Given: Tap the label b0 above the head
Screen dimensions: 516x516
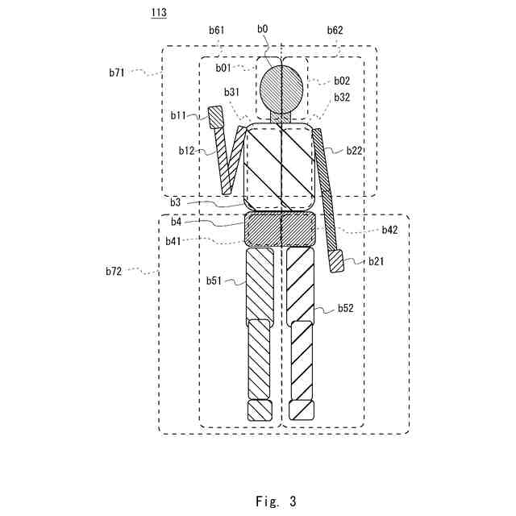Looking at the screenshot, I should pos(263,29).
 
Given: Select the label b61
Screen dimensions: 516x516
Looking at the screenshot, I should pos(216,30).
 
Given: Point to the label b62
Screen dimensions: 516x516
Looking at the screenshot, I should pos(335,30).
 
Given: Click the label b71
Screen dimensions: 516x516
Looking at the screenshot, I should pos(118,73).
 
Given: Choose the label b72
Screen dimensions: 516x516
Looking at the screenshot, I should pos(113,272).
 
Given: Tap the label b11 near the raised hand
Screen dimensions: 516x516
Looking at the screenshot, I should pos(178,115).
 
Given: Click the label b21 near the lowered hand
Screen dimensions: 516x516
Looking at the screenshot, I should pos(377,261).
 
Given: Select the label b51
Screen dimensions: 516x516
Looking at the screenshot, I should pos(214,281).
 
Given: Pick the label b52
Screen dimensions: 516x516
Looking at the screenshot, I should pos(345,308).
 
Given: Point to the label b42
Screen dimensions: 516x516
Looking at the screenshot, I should pos(389,230).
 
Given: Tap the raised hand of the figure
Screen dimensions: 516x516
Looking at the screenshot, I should pos(216,118).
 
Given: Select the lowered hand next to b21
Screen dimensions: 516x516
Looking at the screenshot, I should pos(336,261).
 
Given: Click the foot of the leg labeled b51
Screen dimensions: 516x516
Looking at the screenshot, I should pos(260,410).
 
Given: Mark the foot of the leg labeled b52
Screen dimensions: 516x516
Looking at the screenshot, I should pos(301,410).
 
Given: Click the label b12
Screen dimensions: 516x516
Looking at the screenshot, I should pos(186,151).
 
